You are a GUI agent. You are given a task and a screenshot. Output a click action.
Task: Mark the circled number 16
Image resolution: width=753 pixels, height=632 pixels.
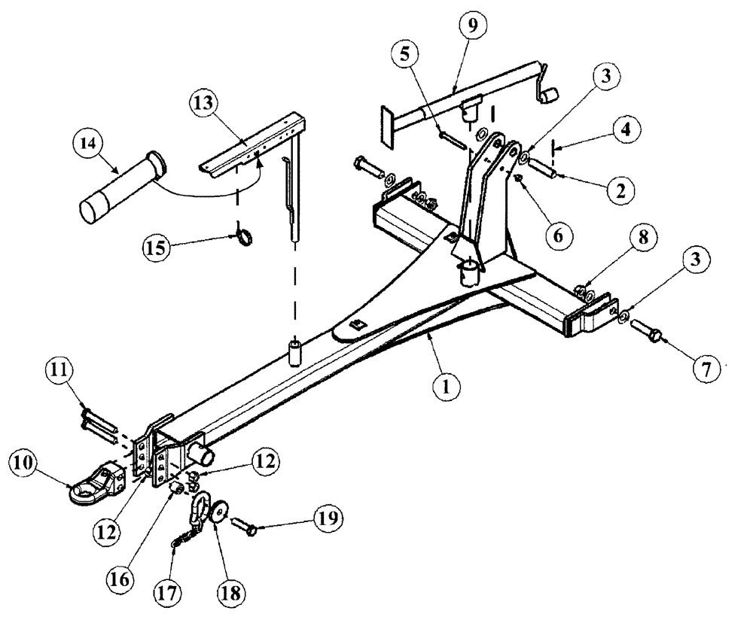[124, 579]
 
